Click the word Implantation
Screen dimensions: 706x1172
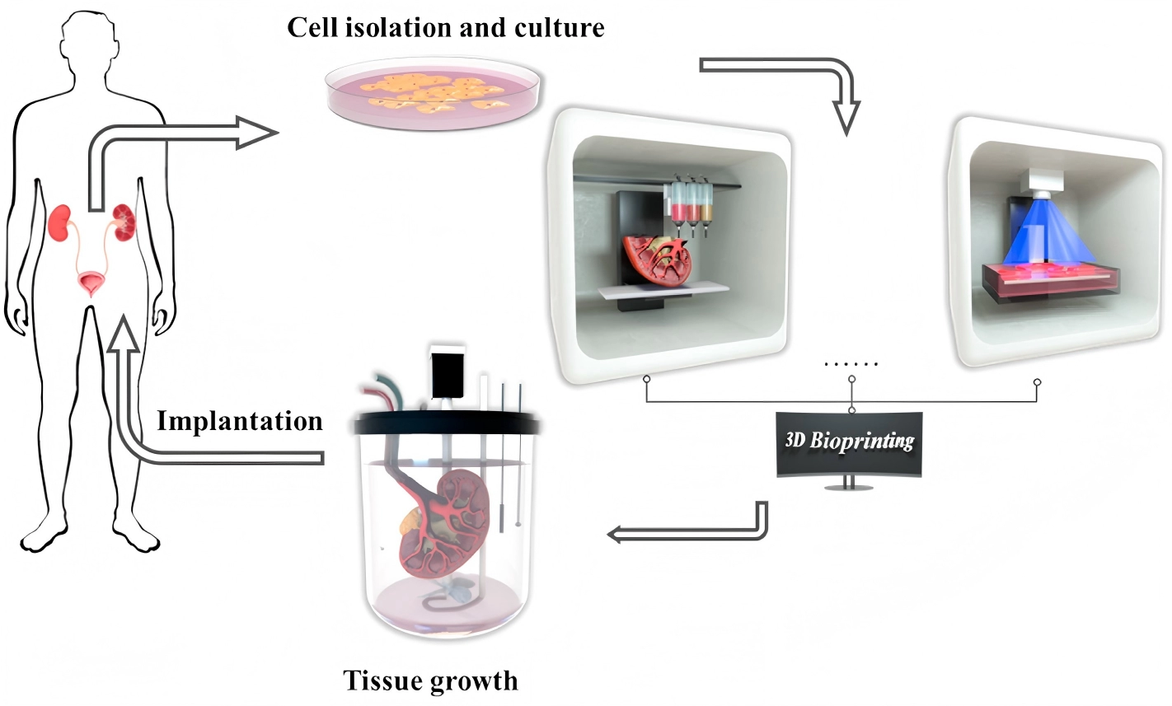tap(240, 421)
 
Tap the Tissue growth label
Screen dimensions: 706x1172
tap(430, 681)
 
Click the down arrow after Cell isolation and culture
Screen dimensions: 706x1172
tap(846, 115)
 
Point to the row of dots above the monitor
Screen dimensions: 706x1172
tap(851, 363)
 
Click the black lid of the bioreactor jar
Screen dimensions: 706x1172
tap(446, 423)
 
